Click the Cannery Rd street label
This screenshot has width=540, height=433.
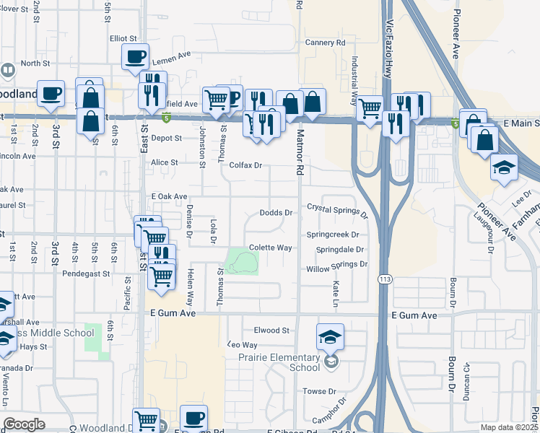point(325,43)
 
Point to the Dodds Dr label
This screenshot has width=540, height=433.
point(276,213)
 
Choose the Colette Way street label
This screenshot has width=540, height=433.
point(270,248)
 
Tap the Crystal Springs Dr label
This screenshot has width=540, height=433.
point(337,209)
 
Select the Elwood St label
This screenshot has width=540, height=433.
point(271,331)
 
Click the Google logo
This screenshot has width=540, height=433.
point(24,424)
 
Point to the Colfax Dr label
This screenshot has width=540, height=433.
point(245,166)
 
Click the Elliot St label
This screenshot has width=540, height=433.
point(123,38)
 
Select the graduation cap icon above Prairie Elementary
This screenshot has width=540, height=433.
point(330,337)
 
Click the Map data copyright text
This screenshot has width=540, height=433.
point(509,427)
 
